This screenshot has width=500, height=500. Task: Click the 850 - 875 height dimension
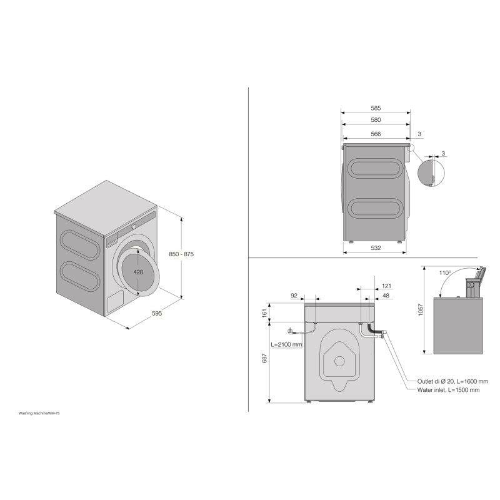(181, 254)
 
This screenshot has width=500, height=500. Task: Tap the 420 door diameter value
(138, 272)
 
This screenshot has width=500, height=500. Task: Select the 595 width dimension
(157, 314)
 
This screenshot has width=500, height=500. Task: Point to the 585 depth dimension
(376, 108)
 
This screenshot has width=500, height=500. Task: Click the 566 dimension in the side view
(376, 134)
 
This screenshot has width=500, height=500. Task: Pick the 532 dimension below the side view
(376, 247)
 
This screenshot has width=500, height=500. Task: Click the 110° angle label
(445, 273)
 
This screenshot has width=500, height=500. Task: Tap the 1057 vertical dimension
(421, 310)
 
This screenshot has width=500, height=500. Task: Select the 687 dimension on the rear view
(264, 358)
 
